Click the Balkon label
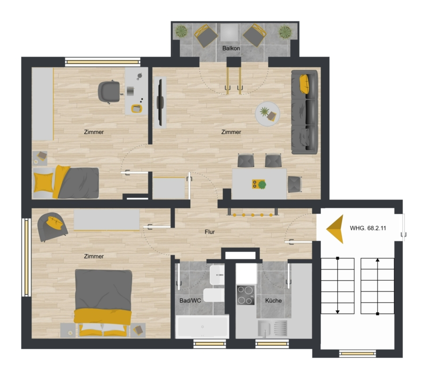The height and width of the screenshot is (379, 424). (x=231, y=48)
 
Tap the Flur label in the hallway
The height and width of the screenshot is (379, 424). (x=210, y=232)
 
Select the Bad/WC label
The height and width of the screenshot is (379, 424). (x=190, y=300)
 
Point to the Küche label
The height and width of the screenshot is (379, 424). (x=273, y=300)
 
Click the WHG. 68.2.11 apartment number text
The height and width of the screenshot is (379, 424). (x=368, y=228)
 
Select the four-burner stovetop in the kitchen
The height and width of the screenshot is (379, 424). (x=245, y=295)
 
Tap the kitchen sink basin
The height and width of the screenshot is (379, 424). (x=264, y=329)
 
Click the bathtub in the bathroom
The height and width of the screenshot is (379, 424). (x=202, y=326)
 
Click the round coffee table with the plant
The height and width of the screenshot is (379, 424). (x=268, y=114)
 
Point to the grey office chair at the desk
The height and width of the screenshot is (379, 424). (x=109, y=92)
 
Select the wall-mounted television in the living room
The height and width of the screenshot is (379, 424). (x=160, y=103)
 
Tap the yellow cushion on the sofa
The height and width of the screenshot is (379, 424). (x=304, y=84)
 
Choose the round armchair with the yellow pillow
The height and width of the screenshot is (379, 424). (x=52, y=227)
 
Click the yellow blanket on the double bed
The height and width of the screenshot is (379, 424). (x=103, y=316)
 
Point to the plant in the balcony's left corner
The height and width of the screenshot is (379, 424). (x=181, y=31)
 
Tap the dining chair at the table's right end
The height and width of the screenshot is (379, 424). (x=294, y=184)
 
